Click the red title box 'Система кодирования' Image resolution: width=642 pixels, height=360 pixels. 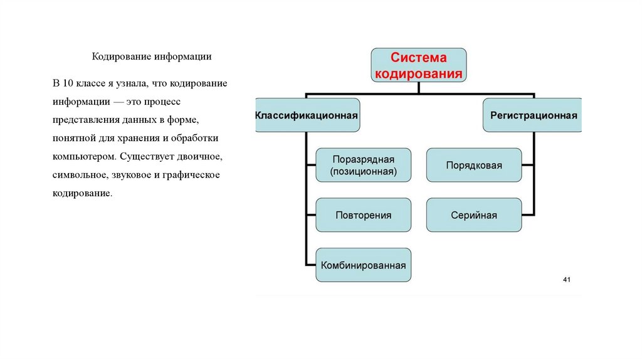[x=419, y=66]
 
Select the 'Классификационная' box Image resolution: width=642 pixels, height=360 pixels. [x=307, y=115]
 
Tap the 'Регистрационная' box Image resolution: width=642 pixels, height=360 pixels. [x=533, y=115]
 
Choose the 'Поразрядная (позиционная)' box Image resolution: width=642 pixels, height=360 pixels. [x=364, y=165]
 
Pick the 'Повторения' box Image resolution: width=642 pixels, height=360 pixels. [x=364, y=215]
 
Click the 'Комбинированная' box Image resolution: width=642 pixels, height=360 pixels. [x=364, y=265]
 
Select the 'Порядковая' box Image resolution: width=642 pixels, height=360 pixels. [x=474, y=165]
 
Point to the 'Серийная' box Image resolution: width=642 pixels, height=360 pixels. [x=474, y=215]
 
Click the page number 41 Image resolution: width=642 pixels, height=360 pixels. [x=567, y=279]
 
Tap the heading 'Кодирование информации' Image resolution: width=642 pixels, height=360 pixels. [x=152, y=57]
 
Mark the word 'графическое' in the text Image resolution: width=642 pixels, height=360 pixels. [x=195, y=174]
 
